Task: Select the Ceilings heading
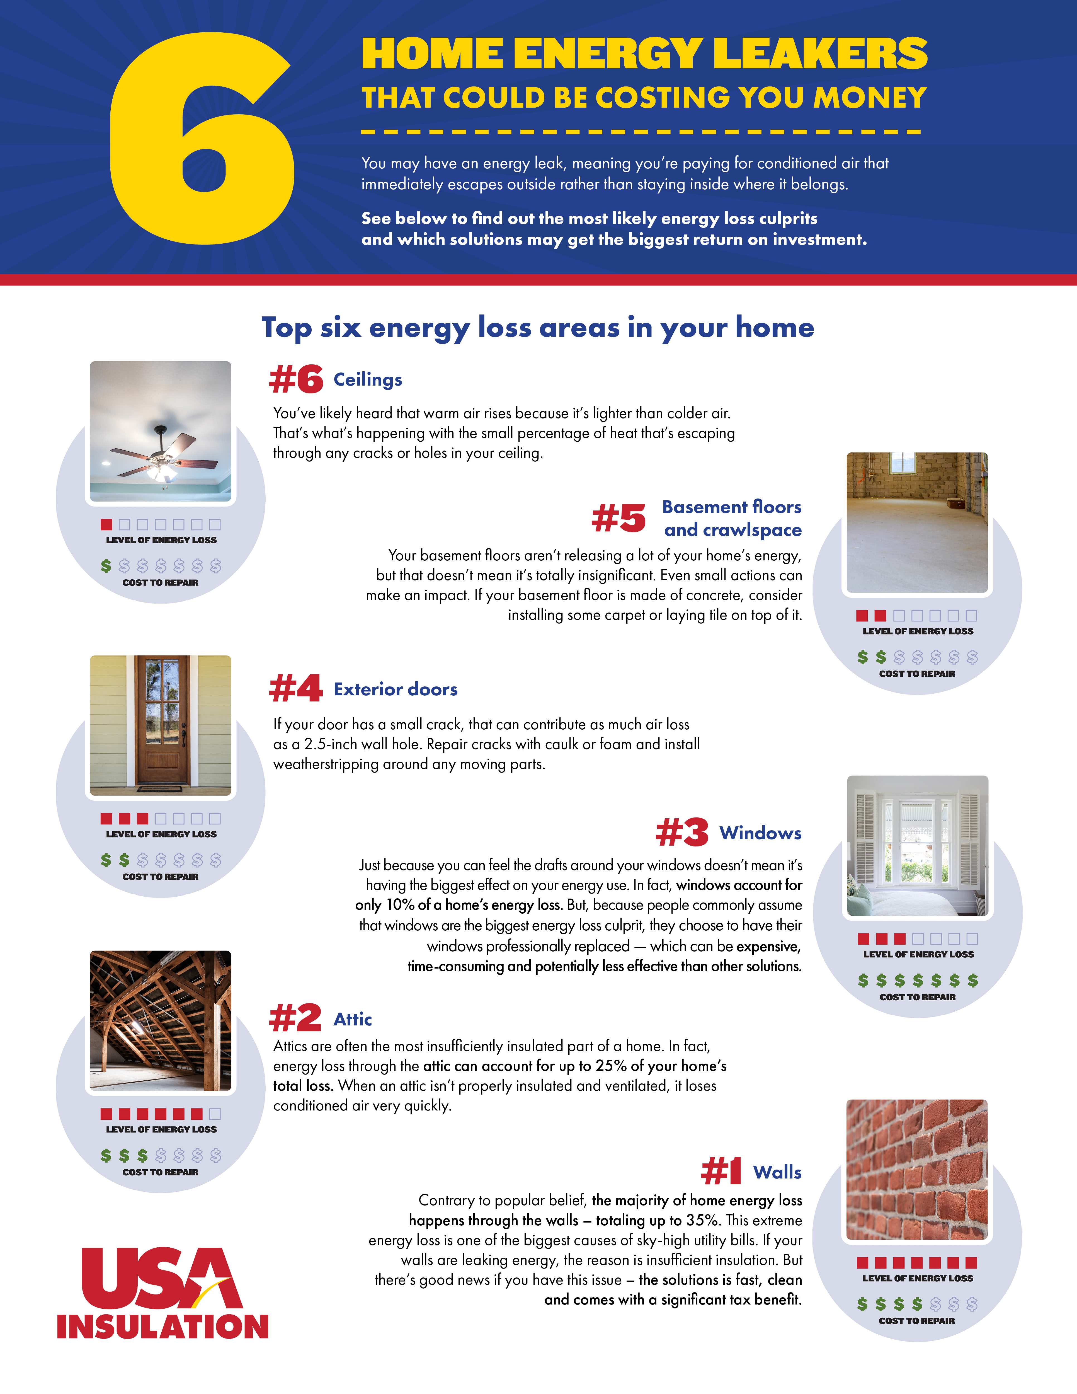click(368, 380)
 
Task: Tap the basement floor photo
click(917, 523)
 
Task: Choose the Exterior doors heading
click(396, 689)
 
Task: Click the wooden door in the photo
click(162, 720)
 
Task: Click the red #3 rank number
click(682, 832)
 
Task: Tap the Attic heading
click(353, 1019)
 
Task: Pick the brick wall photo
click(917, 1169)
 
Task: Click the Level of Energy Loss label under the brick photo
click(918, 1279)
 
